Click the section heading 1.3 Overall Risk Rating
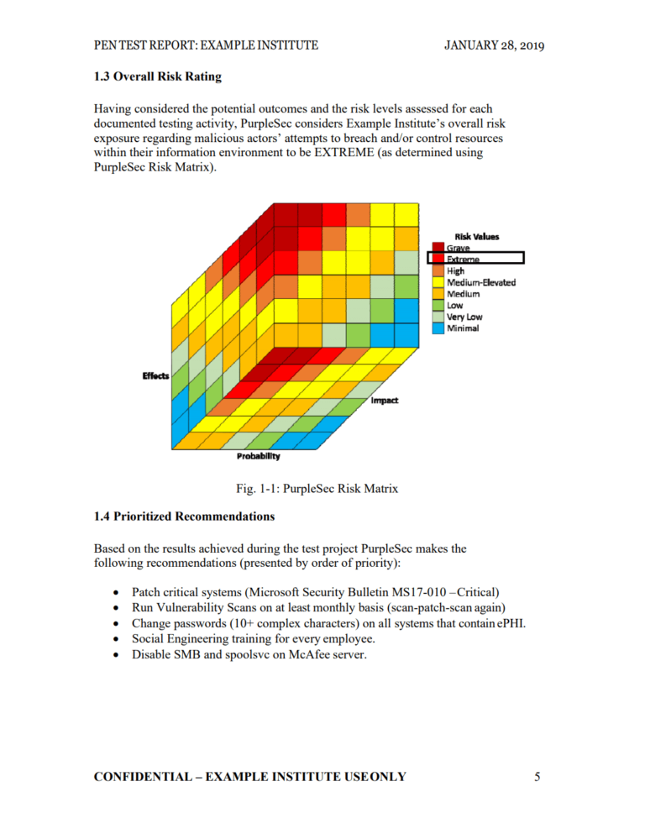(158, 77)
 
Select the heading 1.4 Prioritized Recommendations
(184, 515)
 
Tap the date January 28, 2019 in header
(494, 45)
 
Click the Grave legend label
(459, 248)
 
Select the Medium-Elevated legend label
(481, 282)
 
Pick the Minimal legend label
(463, 328)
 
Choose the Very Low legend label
(464, 317)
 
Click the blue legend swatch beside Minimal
(438, 328)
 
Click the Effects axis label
(156, 375)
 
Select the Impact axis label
(385, 401)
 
